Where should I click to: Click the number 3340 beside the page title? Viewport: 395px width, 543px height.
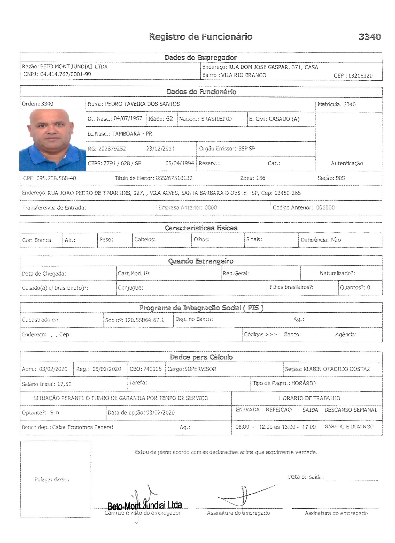tap(370, 37)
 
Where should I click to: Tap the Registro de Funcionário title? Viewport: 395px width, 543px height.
tap(201, 37)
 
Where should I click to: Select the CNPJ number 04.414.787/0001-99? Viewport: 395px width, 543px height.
tap(65, 74)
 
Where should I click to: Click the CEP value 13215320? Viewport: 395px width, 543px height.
tap(360, 76)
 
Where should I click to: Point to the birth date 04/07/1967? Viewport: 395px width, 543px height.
tap(128, 118)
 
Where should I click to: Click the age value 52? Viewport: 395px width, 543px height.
tap(169, 119)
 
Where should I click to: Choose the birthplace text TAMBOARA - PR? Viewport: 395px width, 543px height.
tap(132, 134)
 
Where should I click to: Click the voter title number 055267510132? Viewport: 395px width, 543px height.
tap(174, 178)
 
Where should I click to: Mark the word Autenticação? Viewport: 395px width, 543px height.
tap(347, 163)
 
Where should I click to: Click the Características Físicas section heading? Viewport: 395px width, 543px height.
tap(201, 228)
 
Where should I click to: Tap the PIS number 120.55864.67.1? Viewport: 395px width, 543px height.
tap(144, 320)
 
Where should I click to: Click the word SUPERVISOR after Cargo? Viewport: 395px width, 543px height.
tap(200, 369)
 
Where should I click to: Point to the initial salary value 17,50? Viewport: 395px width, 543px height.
tap(64, 384)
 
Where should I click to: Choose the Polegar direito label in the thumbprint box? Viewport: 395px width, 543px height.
tap(52, 479)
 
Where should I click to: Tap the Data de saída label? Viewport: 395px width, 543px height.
tap(306, 477)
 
